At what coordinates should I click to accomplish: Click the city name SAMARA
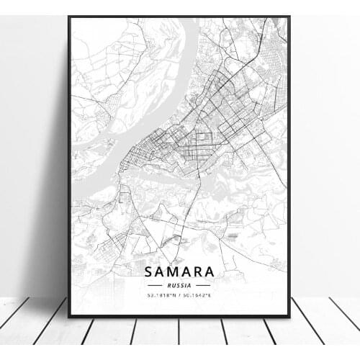(x=179, y=272)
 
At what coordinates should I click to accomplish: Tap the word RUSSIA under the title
(x=179, y=284)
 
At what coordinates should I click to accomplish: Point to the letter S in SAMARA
(x=150, y=272)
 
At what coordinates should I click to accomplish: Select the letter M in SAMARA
(x=173, y=272)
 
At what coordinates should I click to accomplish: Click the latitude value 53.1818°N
(x=160, y=294)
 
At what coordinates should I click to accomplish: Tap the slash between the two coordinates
(x=179, y=294)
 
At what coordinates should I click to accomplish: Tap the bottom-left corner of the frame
(x=69, y=316)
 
